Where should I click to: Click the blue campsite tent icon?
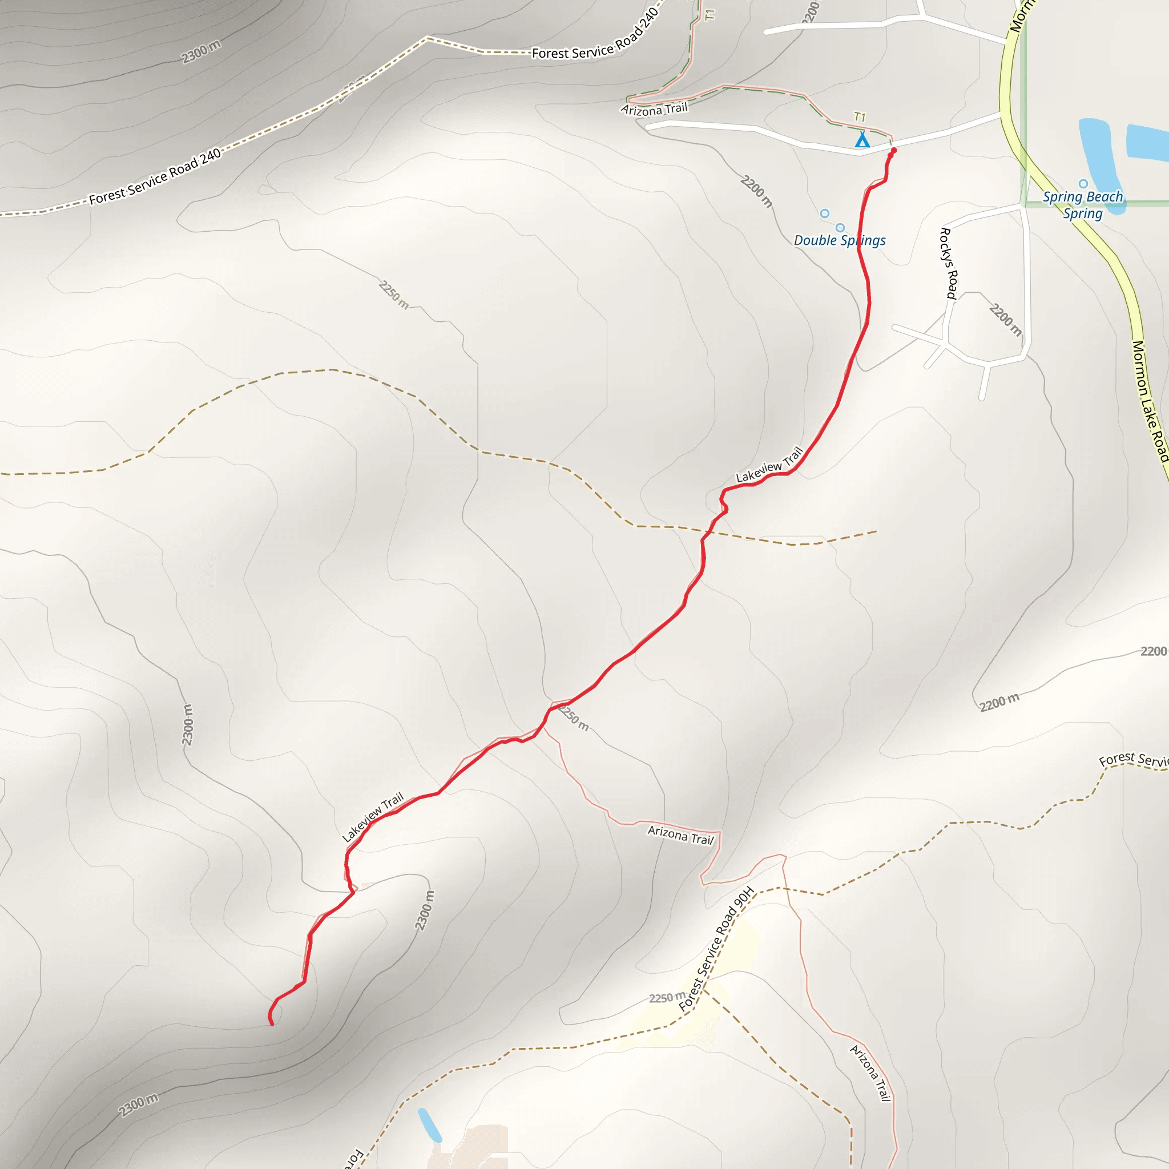tap(861, 140)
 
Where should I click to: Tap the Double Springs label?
tap(839, 240)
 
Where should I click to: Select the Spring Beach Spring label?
tap(1082, 204)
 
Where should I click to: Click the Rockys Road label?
tap(948, 263)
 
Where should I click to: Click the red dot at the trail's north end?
tap(894, 151)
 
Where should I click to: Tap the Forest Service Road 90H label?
tap(716, 949)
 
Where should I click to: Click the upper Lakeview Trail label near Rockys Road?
tap(769, 465)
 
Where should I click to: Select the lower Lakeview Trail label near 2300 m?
tap(373, 817)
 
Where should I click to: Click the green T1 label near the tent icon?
tap(859, 117)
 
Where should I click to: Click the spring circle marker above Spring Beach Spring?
tap(1083, 183)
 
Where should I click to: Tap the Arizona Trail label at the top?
tap(654, 109)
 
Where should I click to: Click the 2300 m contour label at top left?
tap(201, 51)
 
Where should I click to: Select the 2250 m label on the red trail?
tap(574, 717)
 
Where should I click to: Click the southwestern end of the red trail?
tap(272, 1024)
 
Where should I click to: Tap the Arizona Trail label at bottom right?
tap(870, 1072)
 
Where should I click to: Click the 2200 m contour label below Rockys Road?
tap(1005, 320)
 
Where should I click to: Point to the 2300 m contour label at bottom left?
tap(138, 1106)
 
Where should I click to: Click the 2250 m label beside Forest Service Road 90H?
tap(667, 997)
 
